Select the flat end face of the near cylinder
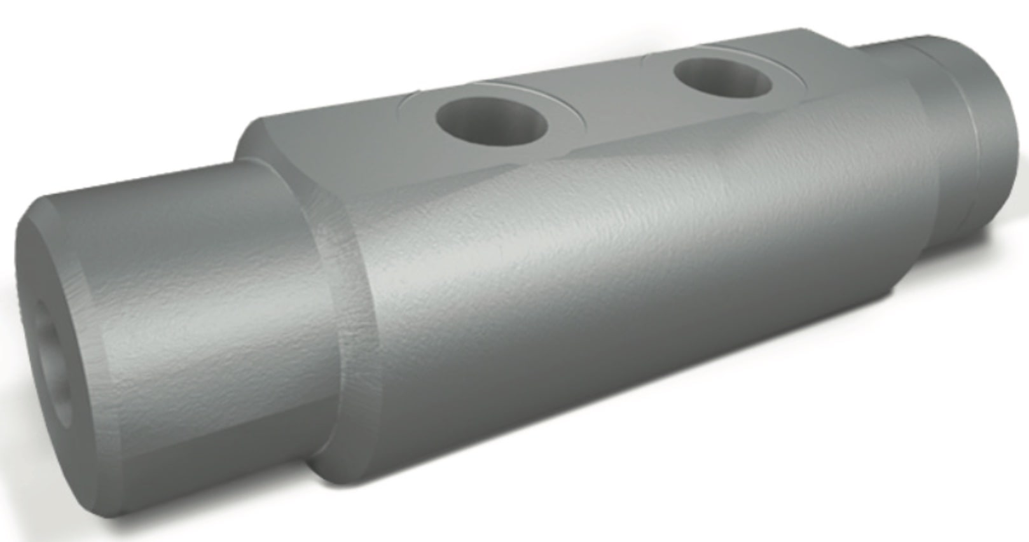pos(57,331)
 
